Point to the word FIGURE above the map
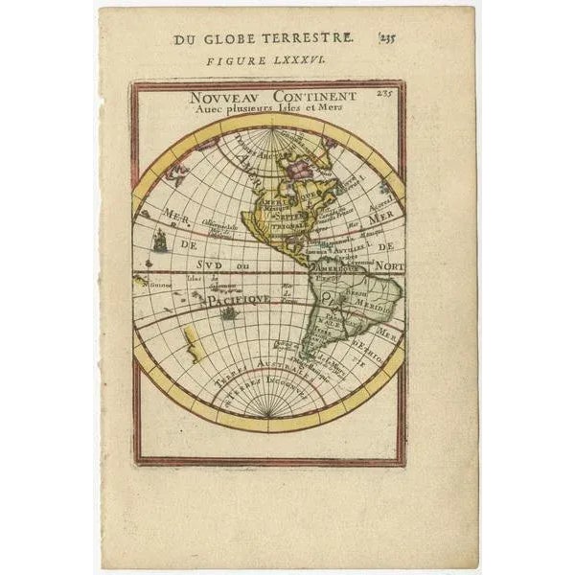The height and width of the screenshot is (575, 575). [233, 59]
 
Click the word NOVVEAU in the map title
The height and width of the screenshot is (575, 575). [219, 97]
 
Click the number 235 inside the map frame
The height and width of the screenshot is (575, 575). [385, 94]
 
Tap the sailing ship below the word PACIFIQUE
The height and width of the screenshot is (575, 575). [229, 312]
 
